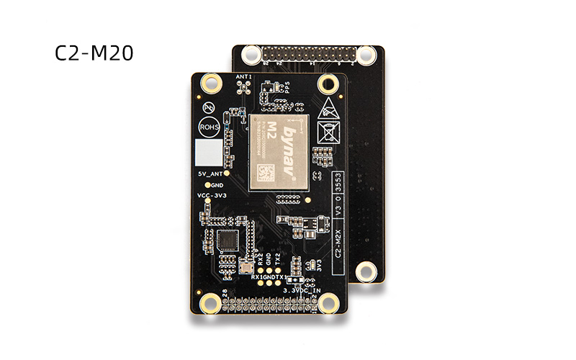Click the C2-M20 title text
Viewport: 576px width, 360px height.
click(94, 54)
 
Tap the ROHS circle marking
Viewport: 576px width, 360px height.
click(208, 125)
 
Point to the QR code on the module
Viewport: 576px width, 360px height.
click(263, 173)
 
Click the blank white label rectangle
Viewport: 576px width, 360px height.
click(209, 152)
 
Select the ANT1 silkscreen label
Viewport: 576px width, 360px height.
click(243, 76)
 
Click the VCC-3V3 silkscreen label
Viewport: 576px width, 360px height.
click(210, 196)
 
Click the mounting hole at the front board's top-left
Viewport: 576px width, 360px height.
click(211, 84)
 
